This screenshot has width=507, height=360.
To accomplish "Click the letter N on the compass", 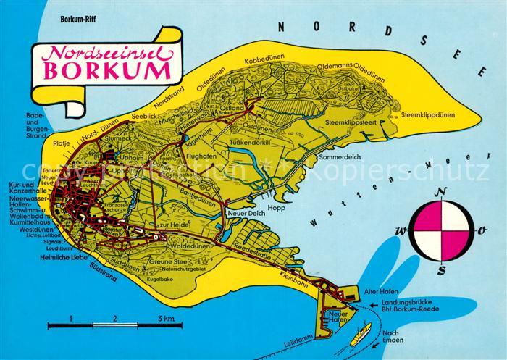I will coord(444,192).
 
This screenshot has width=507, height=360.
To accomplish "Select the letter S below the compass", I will coord(442,270).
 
